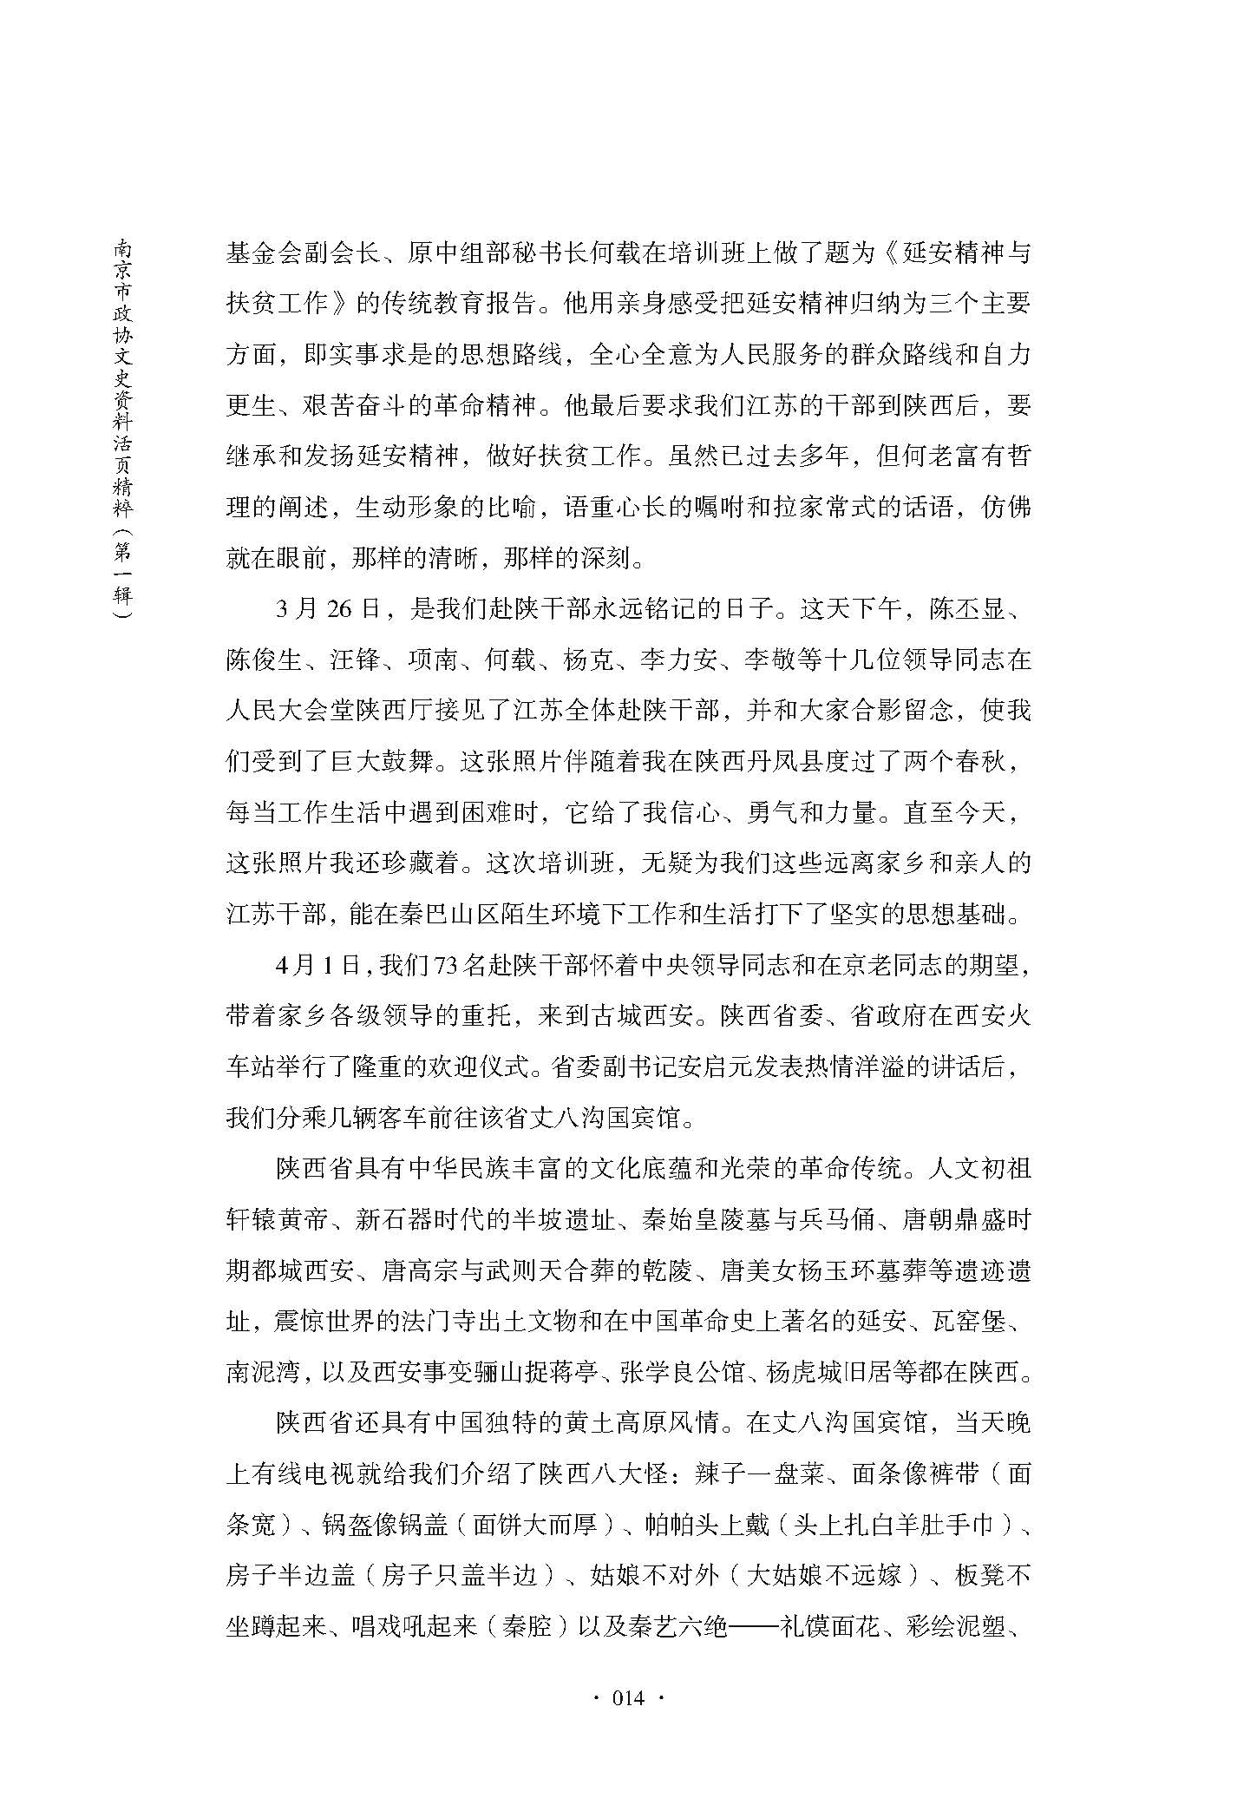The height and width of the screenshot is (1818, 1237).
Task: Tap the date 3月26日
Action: [328, 609]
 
